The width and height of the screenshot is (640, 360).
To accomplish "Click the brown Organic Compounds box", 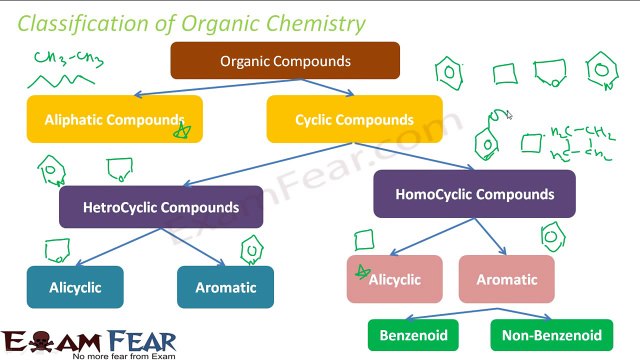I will [x=285, y=60].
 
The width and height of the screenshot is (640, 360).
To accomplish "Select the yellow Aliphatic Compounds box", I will [x=114, y=119].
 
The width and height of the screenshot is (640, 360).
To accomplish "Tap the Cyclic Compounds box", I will [x=354, y=119].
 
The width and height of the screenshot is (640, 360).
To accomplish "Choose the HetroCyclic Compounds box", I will [x=160, y=207].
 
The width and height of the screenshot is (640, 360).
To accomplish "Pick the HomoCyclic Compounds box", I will [x=474, y=194].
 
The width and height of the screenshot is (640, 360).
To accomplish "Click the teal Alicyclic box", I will [x=75, y=287].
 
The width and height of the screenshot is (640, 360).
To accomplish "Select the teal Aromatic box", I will [x=225, y=287].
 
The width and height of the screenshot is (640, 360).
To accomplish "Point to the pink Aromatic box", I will [x=506, y=280].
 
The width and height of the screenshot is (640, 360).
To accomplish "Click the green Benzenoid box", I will [x=413, y=335].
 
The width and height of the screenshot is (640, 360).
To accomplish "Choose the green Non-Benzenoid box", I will [x=552, y=335].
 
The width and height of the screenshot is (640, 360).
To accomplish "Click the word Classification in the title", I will [x=80, y=22].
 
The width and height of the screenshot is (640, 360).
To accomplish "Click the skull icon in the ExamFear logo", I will [x=41, y=340].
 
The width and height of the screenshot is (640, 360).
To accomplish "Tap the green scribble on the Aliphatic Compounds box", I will [x=181, y=129].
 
